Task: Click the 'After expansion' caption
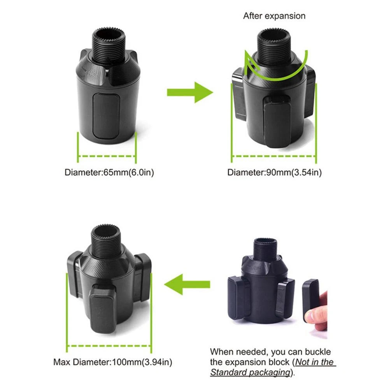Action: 274,16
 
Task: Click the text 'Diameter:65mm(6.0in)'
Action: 109,172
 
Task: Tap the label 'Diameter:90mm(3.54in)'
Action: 274,172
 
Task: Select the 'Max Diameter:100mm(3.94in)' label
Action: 112,363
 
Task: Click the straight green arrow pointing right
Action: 189,92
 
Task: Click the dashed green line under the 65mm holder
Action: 107,157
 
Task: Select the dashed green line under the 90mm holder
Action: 274,156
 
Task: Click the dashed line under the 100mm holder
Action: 109,345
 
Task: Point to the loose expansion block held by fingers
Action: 311,300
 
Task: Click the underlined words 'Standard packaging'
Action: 251,372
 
